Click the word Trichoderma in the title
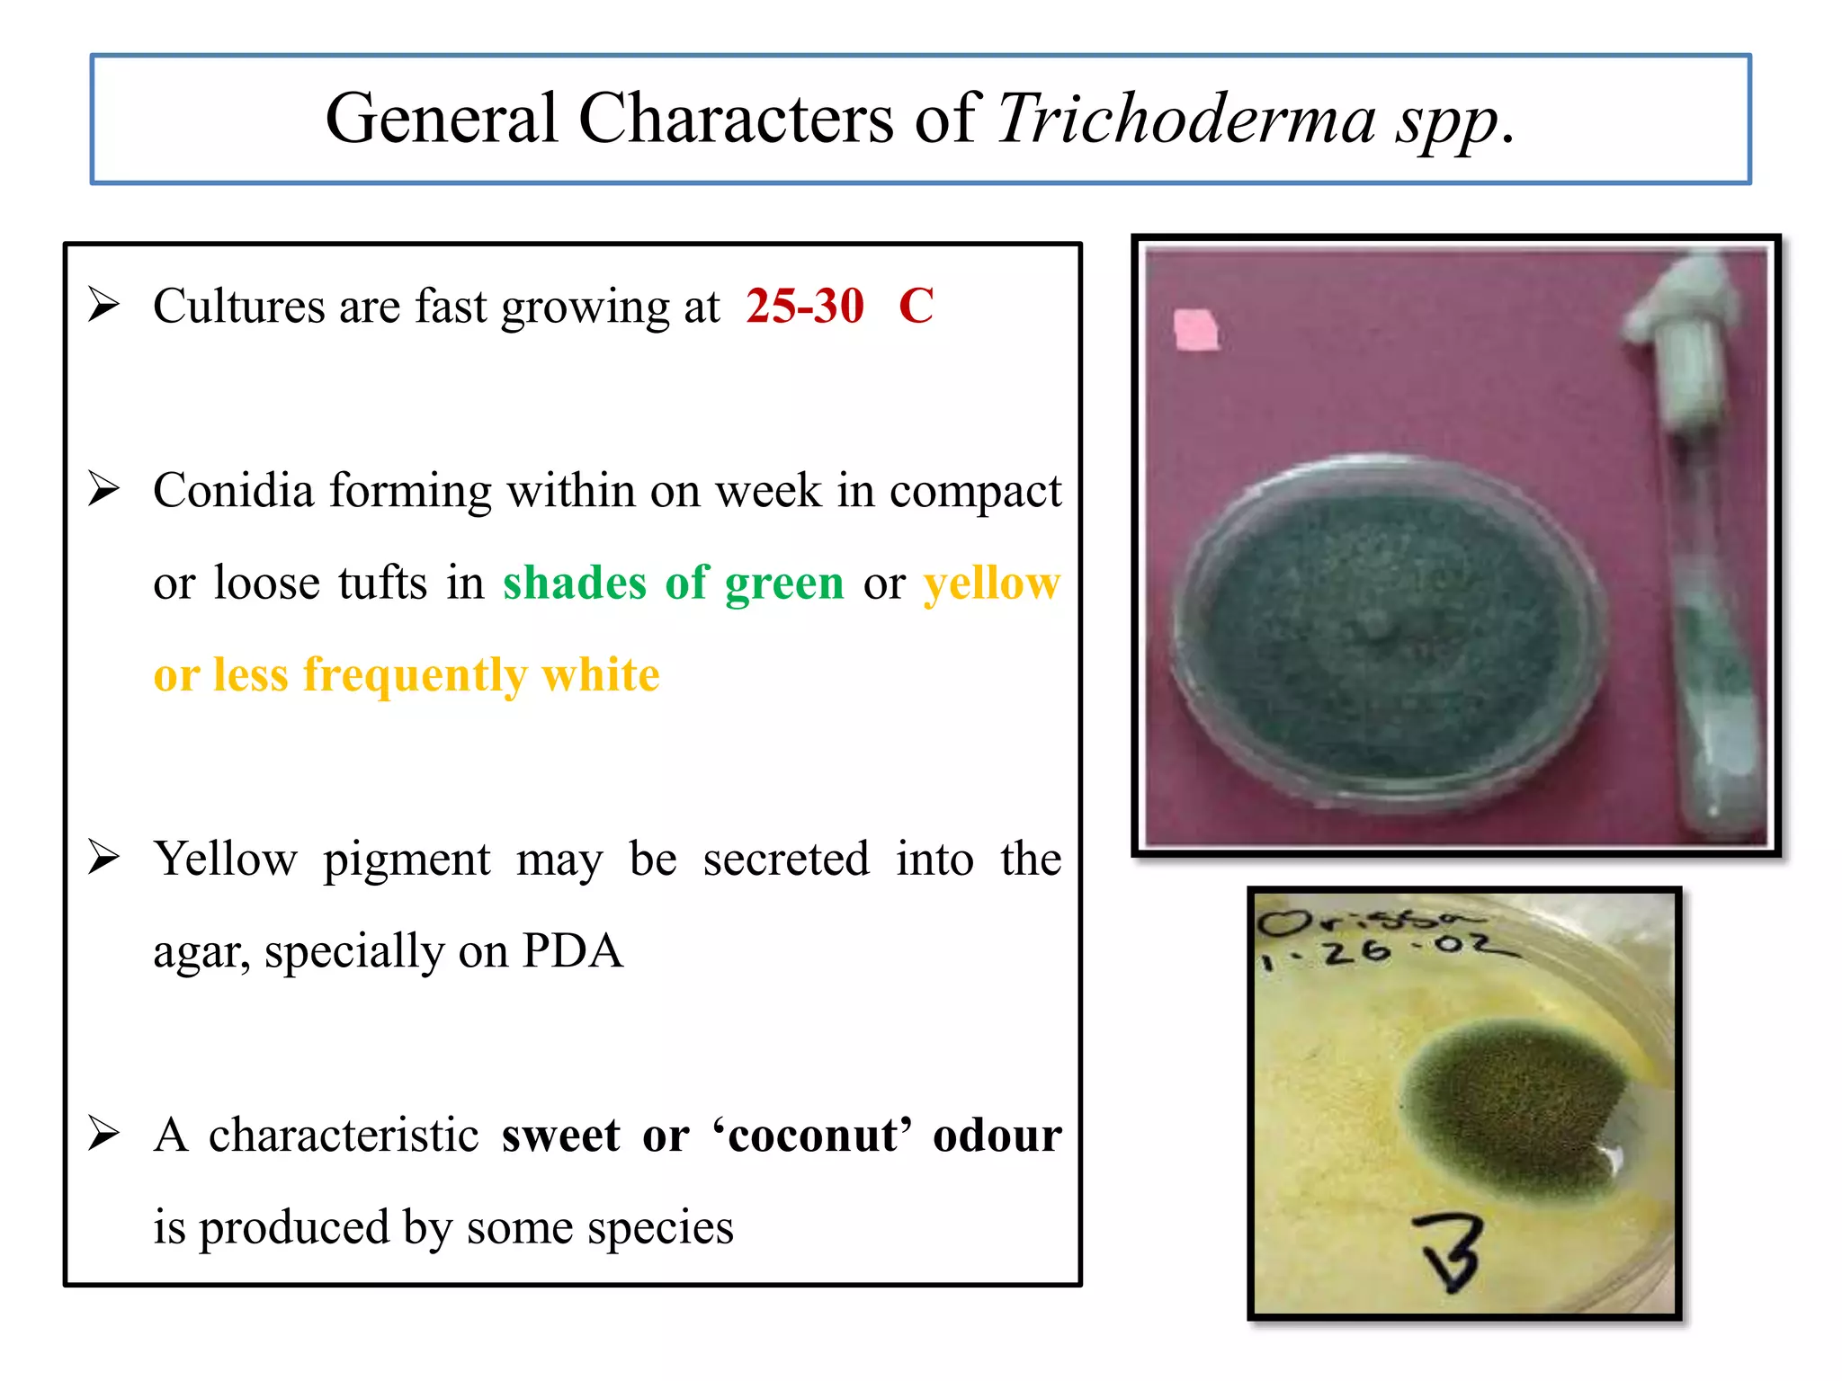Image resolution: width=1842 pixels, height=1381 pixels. (1185, 119)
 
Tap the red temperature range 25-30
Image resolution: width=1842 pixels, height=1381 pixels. (804, 306)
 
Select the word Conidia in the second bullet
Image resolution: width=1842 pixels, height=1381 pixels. (233, 491)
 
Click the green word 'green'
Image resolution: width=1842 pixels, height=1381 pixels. (784, 583)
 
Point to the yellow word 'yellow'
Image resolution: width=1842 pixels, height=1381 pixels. (992, 583)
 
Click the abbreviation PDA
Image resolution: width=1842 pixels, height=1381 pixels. (572, 950)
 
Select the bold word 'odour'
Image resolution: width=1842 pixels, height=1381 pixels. (997, 1135)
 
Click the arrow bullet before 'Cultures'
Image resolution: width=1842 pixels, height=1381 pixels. (104, 305)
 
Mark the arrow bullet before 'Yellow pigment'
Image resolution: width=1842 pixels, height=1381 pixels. (104, 857)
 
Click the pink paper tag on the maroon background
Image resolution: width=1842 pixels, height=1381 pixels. (1196, 329)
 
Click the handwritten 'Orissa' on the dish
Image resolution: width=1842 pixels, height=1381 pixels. (1367, 922)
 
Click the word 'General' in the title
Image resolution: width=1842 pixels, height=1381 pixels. (441, 119)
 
